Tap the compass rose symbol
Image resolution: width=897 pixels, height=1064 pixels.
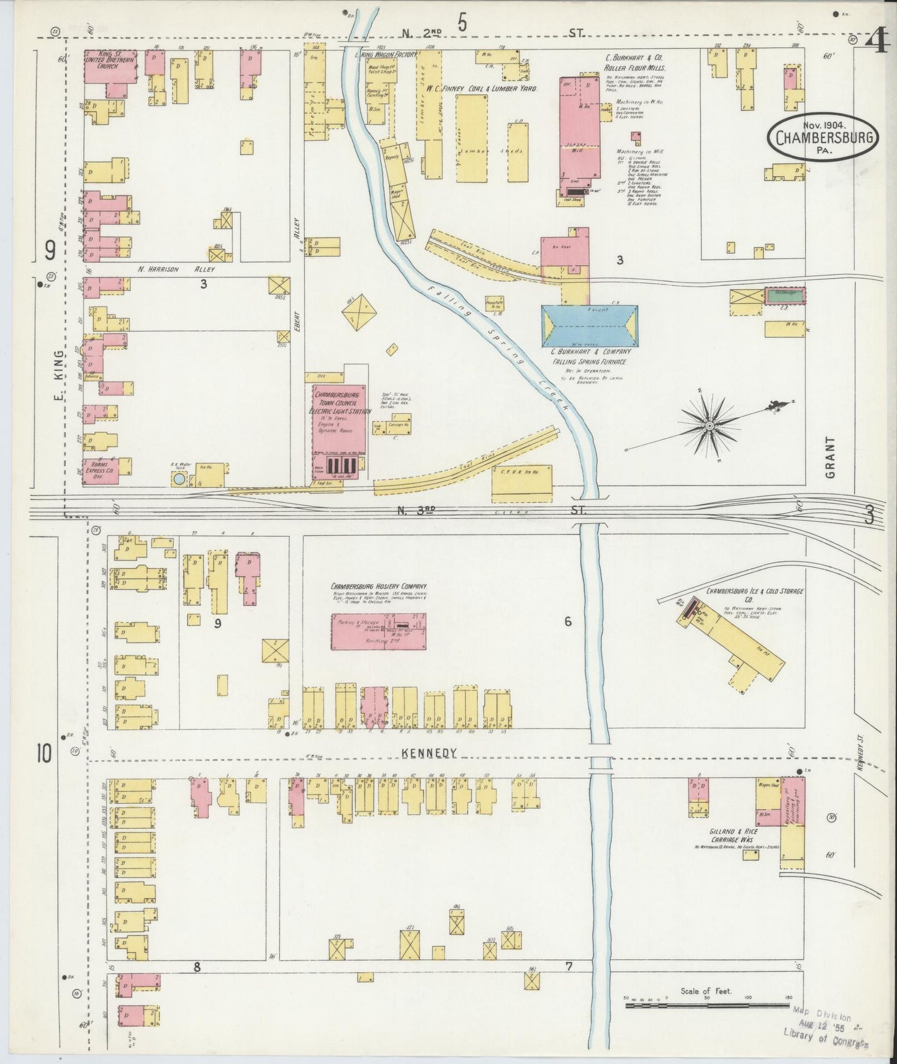pyautogui.click(x=709, y=426)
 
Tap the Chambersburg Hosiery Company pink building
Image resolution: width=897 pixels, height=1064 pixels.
pyautogui.click(x=379, y=632)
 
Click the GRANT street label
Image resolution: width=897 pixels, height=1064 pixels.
pyautogui.click(x=831, y=456)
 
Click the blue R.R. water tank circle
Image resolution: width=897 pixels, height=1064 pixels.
pyautogui.click(x=179, y=479)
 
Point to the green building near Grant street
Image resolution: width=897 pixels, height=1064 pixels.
pyautogui.click(x=783, y=295)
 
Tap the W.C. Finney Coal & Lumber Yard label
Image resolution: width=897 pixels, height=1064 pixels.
pyautogui.click(x=481, y=89)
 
